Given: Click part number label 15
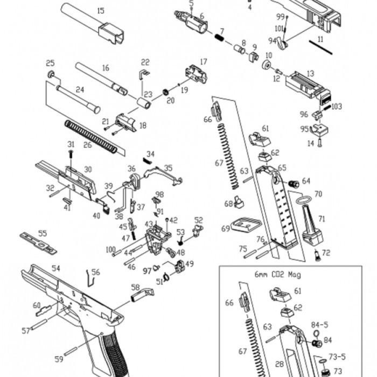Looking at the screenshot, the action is coord(101,11).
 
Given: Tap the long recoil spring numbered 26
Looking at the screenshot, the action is coord(91,136).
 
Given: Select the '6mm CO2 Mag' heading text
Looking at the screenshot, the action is coord(278,275).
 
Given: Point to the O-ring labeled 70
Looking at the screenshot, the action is coord(303,199).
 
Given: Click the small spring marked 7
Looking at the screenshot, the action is coord(219,38).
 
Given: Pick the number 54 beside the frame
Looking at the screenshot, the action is coord(56,269).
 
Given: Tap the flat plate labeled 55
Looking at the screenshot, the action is coord(38,243).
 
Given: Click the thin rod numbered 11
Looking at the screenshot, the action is coord(320,47).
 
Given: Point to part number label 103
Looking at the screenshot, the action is coord(337,106).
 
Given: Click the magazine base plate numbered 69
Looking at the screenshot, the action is coord(246,225).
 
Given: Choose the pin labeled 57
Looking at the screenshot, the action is coord(39,324).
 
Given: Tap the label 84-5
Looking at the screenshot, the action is coord(319,325).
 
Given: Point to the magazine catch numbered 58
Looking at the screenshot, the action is coord(142,295).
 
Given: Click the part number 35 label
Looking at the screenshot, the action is coord(168,168).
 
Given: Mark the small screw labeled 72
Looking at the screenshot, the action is coord(317,255).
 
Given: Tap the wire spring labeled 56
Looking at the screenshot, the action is coord(90,278).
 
